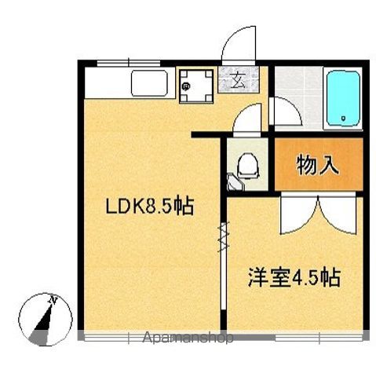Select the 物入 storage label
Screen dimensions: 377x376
[x=318, y=166]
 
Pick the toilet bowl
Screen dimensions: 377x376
[x=246, y=166]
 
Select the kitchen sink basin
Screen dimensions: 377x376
[x=149, y=82]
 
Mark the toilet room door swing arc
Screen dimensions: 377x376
[x=250, y=119]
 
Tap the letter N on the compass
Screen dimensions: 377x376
[x=53, y=299]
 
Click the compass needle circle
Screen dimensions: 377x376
[x=43, y=318]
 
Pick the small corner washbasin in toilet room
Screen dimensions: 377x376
[x=234, y=181]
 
